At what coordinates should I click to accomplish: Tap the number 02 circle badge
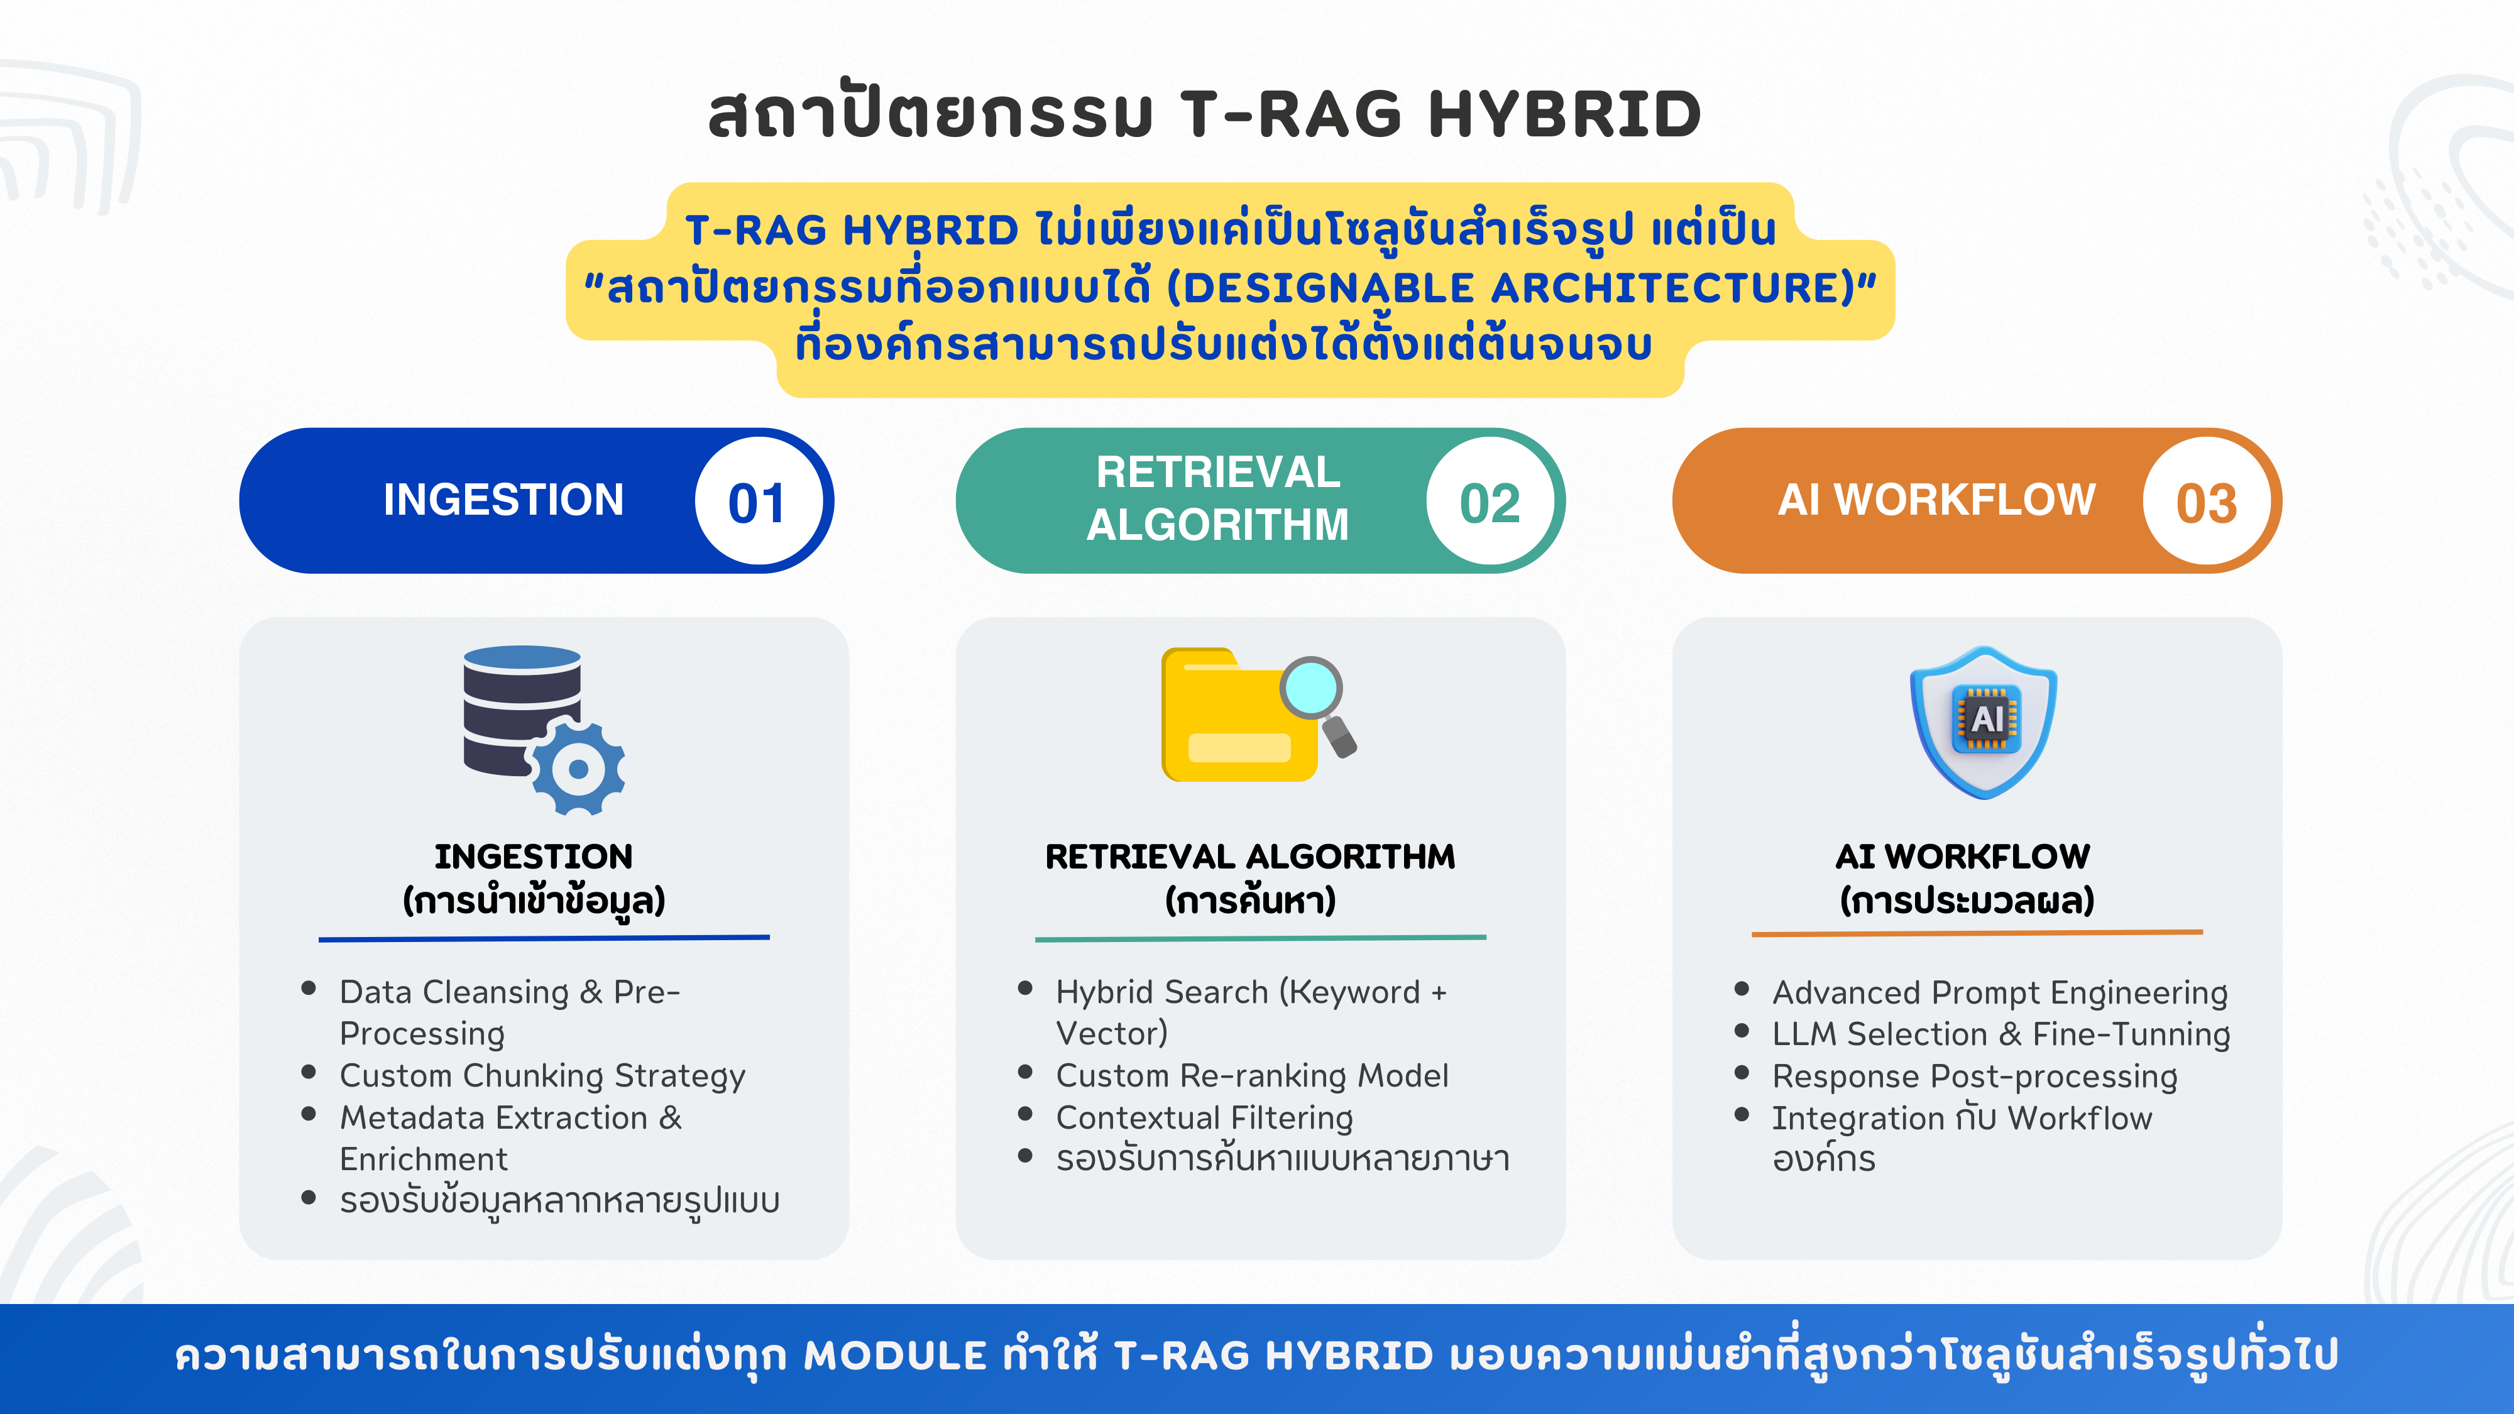click(x=1490, y=503)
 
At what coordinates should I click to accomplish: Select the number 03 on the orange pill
click(x=2205, y=503)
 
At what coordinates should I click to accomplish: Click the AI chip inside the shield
click(x=1986, y=719)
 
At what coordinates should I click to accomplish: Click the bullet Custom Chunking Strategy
click(x=542, y=1075)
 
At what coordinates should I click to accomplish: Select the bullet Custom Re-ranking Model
click(x=1252, y=1075)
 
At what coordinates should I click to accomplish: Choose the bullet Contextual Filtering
click(x=1204, y=1117)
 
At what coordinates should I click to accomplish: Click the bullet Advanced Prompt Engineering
click(x=2000, y=992)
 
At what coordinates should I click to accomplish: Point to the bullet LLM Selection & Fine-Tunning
click(x=2001, y=1034)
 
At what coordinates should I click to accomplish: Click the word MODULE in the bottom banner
click(x=895, y=1356)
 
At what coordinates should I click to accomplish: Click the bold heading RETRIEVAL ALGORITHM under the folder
click(x=1249, y=856)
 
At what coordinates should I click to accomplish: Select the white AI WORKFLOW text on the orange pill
click(x=1936, y=500)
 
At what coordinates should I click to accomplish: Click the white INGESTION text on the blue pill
click(x=503, y=500)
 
